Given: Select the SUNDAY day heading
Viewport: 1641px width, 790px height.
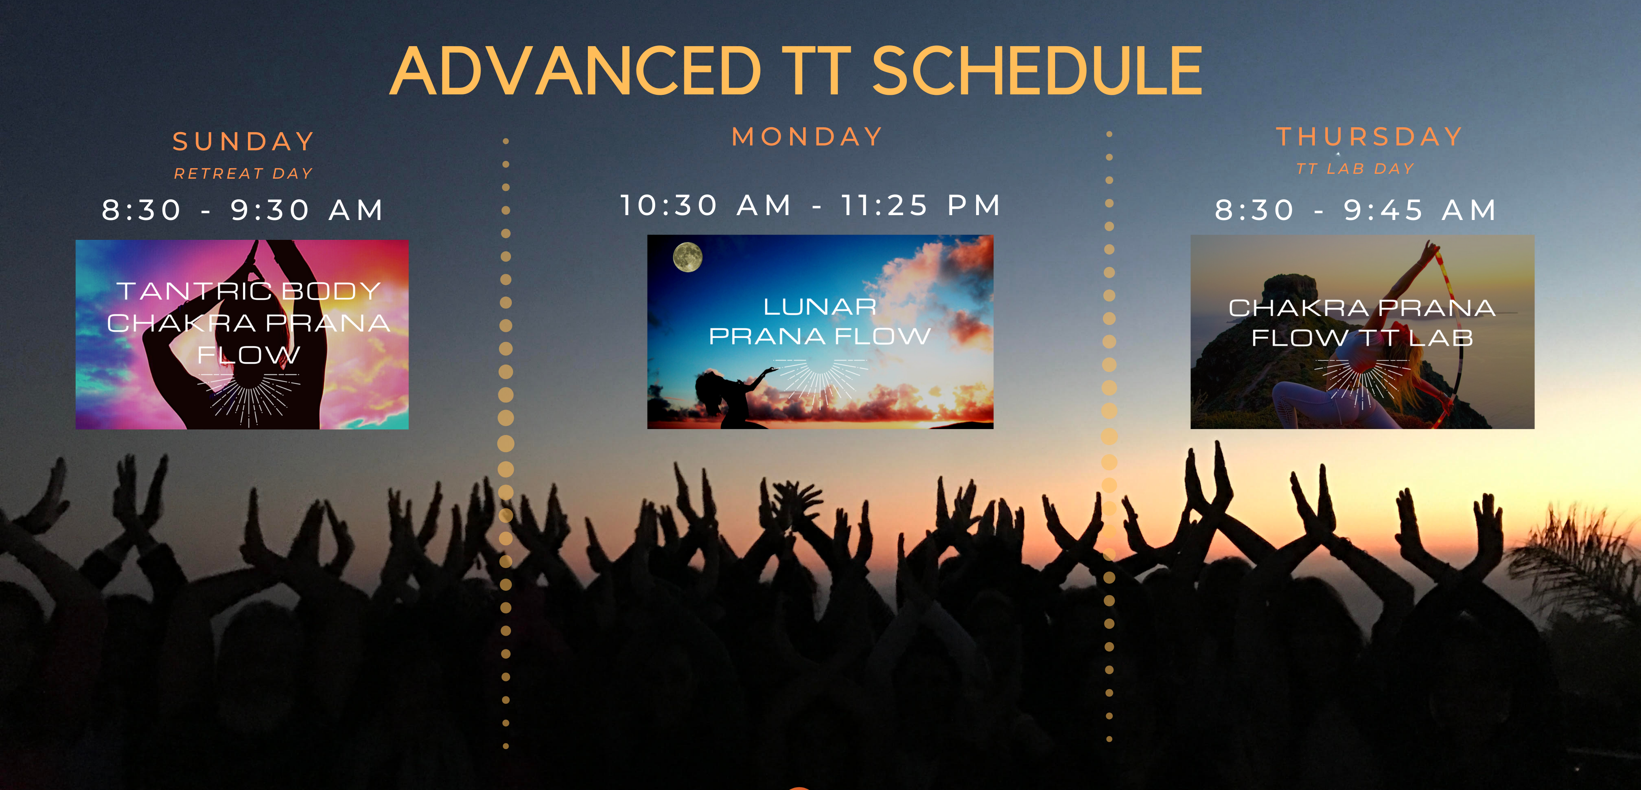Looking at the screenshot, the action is [x=244, y=141].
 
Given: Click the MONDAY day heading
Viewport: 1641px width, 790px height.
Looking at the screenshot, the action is [x=807, y=137].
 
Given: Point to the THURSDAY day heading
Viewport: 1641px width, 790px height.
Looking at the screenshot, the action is [x=1370, y=137].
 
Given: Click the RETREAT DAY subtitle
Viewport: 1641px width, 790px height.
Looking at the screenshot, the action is [x=244, y=173].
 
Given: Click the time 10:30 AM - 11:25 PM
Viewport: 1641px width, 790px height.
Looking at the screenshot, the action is [x=811, y=205].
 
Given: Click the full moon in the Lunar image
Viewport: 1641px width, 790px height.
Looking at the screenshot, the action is [x=688, y=257].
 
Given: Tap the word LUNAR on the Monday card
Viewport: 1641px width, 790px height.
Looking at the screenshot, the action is [x=820, y=307].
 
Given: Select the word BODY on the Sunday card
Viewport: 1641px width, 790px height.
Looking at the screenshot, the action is [x=331, y=291].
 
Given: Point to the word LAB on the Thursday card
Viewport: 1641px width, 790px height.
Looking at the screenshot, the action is [x=1441, y=337].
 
